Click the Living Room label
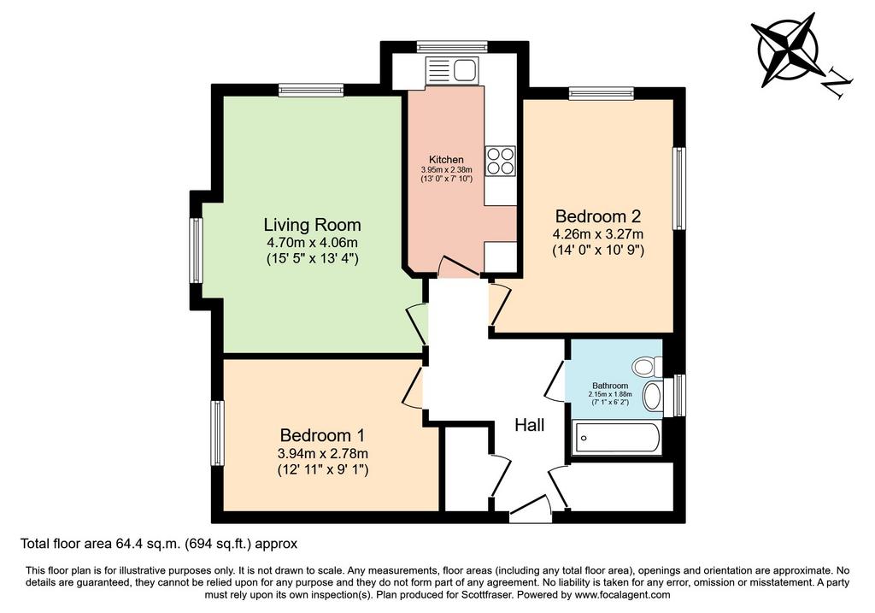(x=312, y=225)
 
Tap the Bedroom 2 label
(x=597, y=216)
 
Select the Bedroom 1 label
(x=322, y=435)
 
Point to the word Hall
(x=529, y=426)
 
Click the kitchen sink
(x=452, y=70)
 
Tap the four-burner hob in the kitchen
(x=500, y=161)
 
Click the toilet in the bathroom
(x=647, y=367)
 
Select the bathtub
(x=617, y=439)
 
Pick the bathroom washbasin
(x=652, y=397)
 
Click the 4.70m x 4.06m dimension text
(x=312, y=243)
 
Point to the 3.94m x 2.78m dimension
(x=322, y=453)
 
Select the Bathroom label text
(x=610, y=386)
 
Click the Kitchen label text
(x=446, y=160)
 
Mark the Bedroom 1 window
(x=217, y=433)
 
